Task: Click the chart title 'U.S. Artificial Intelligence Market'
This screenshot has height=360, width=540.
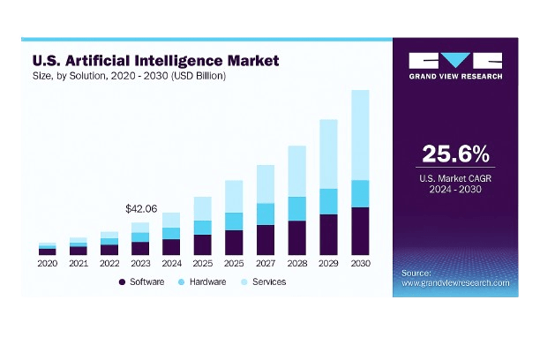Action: click(x=154, y=61)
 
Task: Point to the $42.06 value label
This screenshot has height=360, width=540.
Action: click(x=140, y=209)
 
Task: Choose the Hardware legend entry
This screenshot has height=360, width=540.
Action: click(x=202, y=281)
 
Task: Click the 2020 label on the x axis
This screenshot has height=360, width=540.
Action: click(x=47, y=263)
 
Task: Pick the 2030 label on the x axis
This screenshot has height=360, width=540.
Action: click(x=360, y=263)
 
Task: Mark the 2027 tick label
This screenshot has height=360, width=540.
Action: click(x=266, y=263)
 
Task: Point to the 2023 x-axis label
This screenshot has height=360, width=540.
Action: click(x=140, y=263)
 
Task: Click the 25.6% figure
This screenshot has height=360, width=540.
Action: click(x=455, y=154)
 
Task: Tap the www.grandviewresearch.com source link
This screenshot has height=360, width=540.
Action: click(x=455, y=282)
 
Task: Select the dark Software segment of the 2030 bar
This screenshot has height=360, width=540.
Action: click(x=360, y=231)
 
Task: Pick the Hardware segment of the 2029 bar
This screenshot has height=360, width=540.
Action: click(x=328, y=201)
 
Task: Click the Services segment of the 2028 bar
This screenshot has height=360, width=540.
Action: click(x=296, y=171)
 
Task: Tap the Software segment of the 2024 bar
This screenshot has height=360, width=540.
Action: click(x=171, y=247)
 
